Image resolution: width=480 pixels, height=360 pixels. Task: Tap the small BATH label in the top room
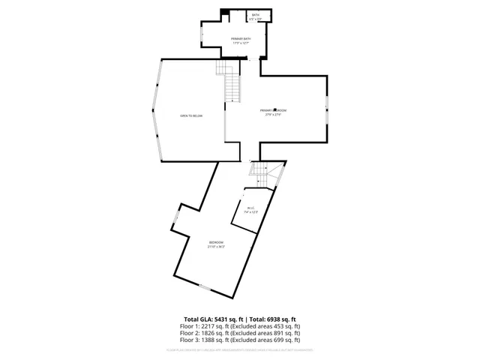click(256, 16)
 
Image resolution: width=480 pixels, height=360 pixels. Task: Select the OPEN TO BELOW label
click(191, 115)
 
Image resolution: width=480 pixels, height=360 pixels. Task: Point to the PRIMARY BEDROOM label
click(275, 112)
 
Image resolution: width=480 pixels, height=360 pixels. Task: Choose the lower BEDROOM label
click(216, 244)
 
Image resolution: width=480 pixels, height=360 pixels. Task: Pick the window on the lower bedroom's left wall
click(176, 219)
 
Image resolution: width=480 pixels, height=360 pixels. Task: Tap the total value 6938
click(269, 319)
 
